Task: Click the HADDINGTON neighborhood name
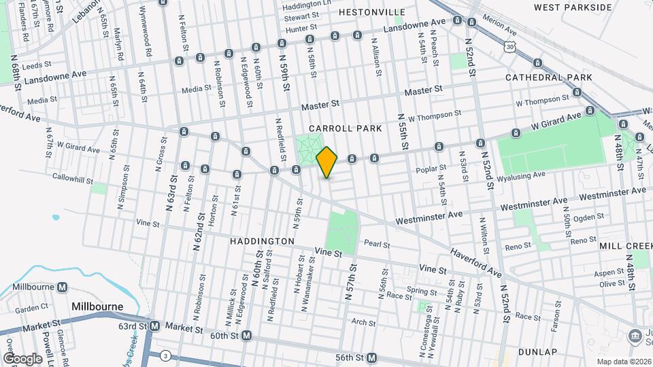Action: click(262, 241)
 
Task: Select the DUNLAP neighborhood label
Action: click(537, 352)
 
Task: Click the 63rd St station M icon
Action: click(154, 326)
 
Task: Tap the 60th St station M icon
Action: click(247, 336)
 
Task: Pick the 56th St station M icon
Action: click(371, 357)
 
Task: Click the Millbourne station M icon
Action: click(63, 287)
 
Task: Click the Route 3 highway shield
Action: click(165, 355)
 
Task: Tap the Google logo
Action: click(22, 358)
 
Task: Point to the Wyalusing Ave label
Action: click(520, 175)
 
